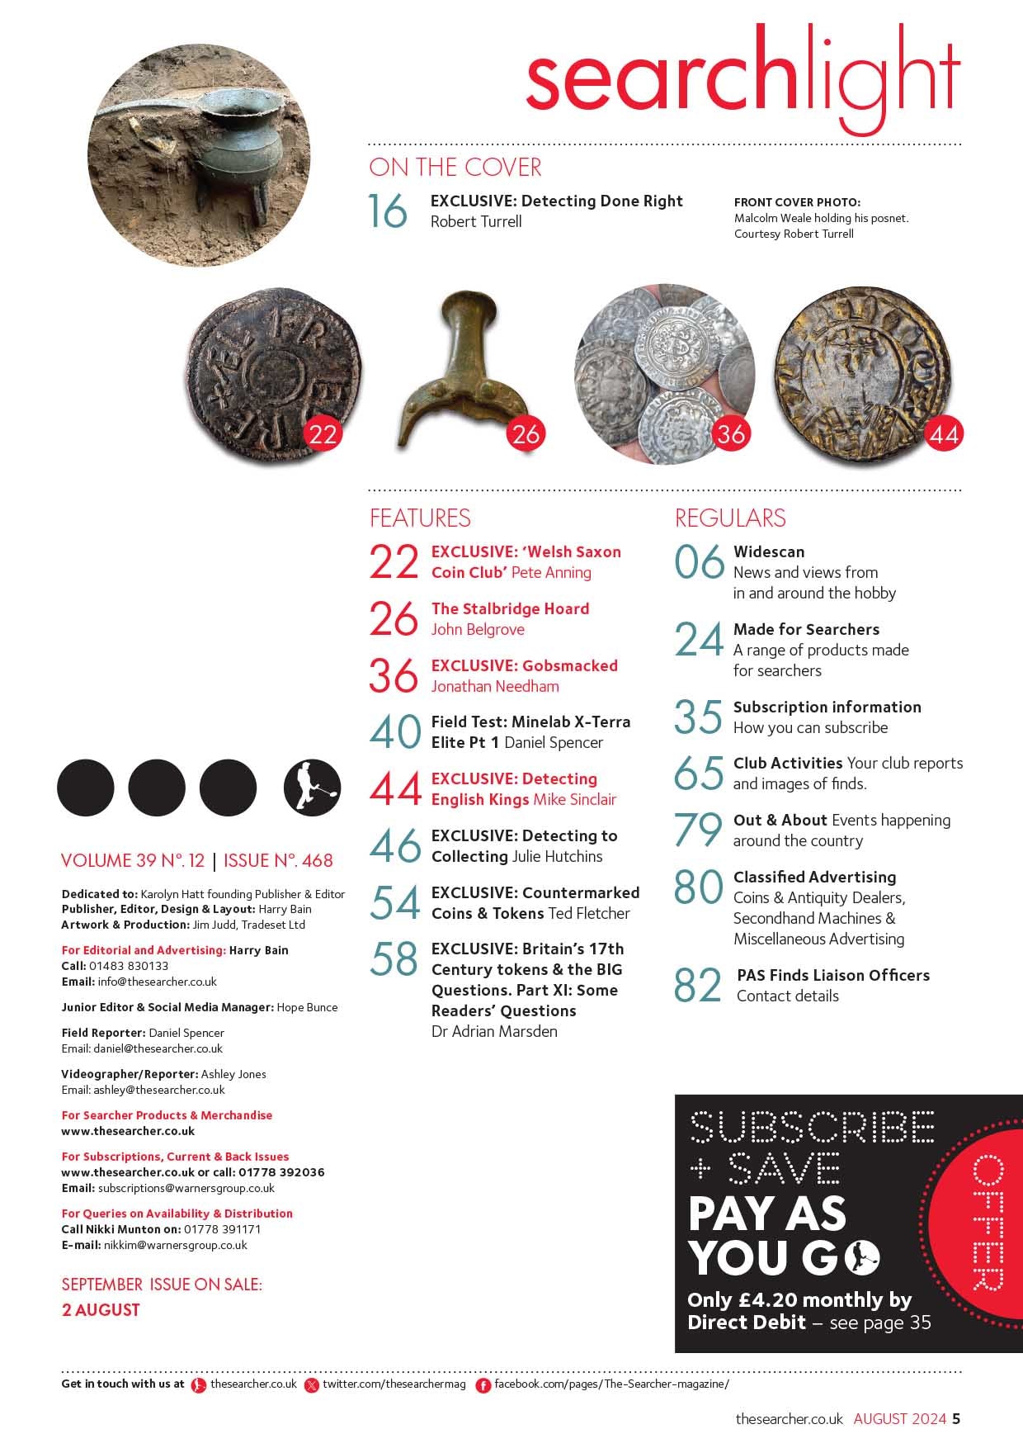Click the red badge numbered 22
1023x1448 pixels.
tap(322, 433)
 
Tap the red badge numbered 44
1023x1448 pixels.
tap(944, 433)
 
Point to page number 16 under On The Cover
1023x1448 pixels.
tap(388, 211)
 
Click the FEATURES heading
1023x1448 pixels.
tap(420, 518)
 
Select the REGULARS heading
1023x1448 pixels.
tap(730, 518)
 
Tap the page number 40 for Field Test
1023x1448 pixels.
tap(396, 732)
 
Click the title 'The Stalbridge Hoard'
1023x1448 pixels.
tap(510, 608)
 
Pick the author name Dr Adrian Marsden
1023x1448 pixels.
tap(494, 1031)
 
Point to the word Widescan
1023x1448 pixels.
tap(769, 551)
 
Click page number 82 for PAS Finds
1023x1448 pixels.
tap(698, 986)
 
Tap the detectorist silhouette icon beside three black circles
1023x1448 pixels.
tap(312, 788)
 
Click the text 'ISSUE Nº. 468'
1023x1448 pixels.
tap(278, 860)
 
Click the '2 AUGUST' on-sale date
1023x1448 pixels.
tap(101, 1310)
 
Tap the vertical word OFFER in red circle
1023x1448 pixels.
tap(987, 1223)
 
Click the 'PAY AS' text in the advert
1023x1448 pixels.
tap(767, 1213)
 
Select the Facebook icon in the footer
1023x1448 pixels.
tap(483, 1385)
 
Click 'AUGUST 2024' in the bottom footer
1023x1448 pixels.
tap(899, 1419)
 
